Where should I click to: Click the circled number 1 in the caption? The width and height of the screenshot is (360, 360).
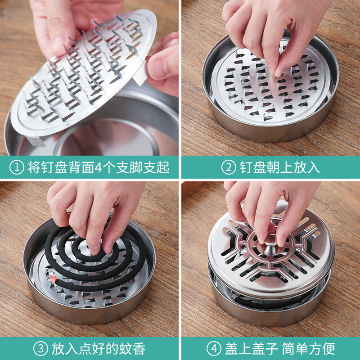tap(17, 168)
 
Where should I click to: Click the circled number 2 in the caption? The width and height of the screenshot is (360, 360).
tap(228, 168)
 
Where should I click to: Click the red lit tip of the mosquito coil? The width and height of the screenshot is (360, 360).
tap(54, 280)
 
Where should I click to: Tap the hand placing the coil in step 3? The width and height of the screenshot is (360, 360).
tap(90, 211)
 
